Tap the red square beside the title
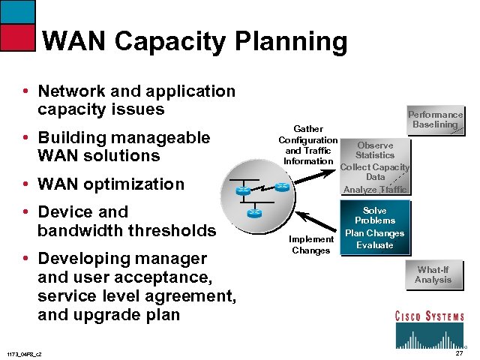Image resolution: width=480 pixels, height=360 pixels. point(16,37)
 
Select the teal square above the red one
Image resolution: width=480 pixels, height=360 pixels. point(16,11)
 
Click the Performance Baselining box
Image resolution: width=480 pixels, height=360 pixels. point(435,119)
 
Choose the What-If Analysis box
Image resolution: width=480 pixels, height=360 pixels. point(433,274)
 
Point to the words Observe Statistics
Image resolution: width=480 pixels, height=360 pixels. point(375,150)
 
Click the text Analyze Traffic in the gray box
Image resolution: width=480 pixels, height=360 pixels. point(375,190)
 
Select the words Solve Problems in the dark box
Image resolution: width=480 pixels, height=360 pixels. point(375,216)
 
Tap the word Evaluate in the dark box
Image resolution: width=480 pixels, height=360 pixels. point(375,245)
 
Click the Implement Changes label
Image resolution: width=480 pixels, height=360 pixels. point(311,244)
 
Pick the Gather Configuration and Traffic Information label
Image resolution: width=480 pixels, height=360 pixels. point(308,145)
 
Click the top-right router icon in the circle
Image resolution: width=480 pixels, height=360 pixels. point(281,187)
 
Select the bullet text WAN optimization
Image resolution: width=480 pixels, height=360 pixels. point(111,184)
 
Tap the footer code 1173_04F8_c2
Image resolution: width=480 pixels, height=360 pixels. point(24,353)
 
